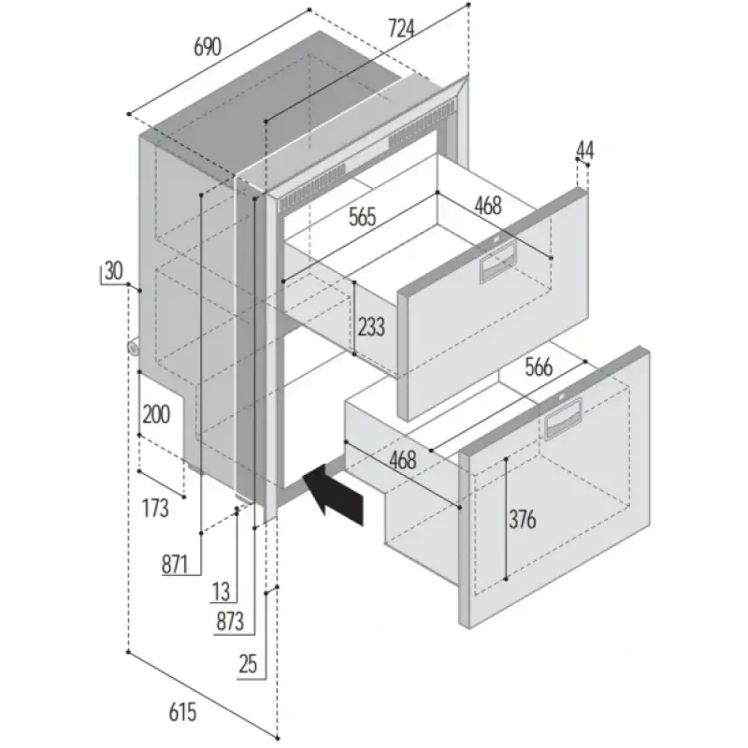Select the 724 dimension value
tap(399, 29)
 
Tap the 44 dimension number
tap(585, 149)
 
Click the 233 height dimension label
tap(371, 327)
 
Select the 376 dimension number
tap(523, 520)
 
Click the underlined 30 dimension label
tap(112, 272)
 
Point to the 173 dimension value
tap(155, 509)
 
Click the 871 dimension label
tap(175, 564)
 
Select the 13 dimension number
tap(221, 591)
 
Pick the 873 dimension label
tap(229, 621)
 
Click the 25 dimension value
tap(248, 665)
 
